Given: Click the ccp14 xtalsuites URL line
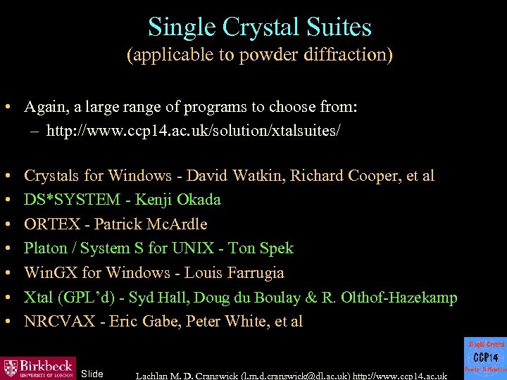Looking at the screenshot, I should point(194,132).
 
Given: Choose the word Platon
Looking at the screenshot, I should point(47,248).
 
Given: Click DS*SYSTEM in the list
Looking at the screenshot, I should point(73,200).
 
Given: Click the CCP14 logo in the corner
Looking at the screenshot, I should point(486,357).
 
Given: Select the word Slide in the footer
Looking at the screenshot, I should point(92,373).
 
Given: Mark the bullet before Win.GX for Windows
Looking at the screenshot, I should point(6,273).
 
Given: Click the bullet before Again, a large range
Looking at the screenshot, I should point(6,108).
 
